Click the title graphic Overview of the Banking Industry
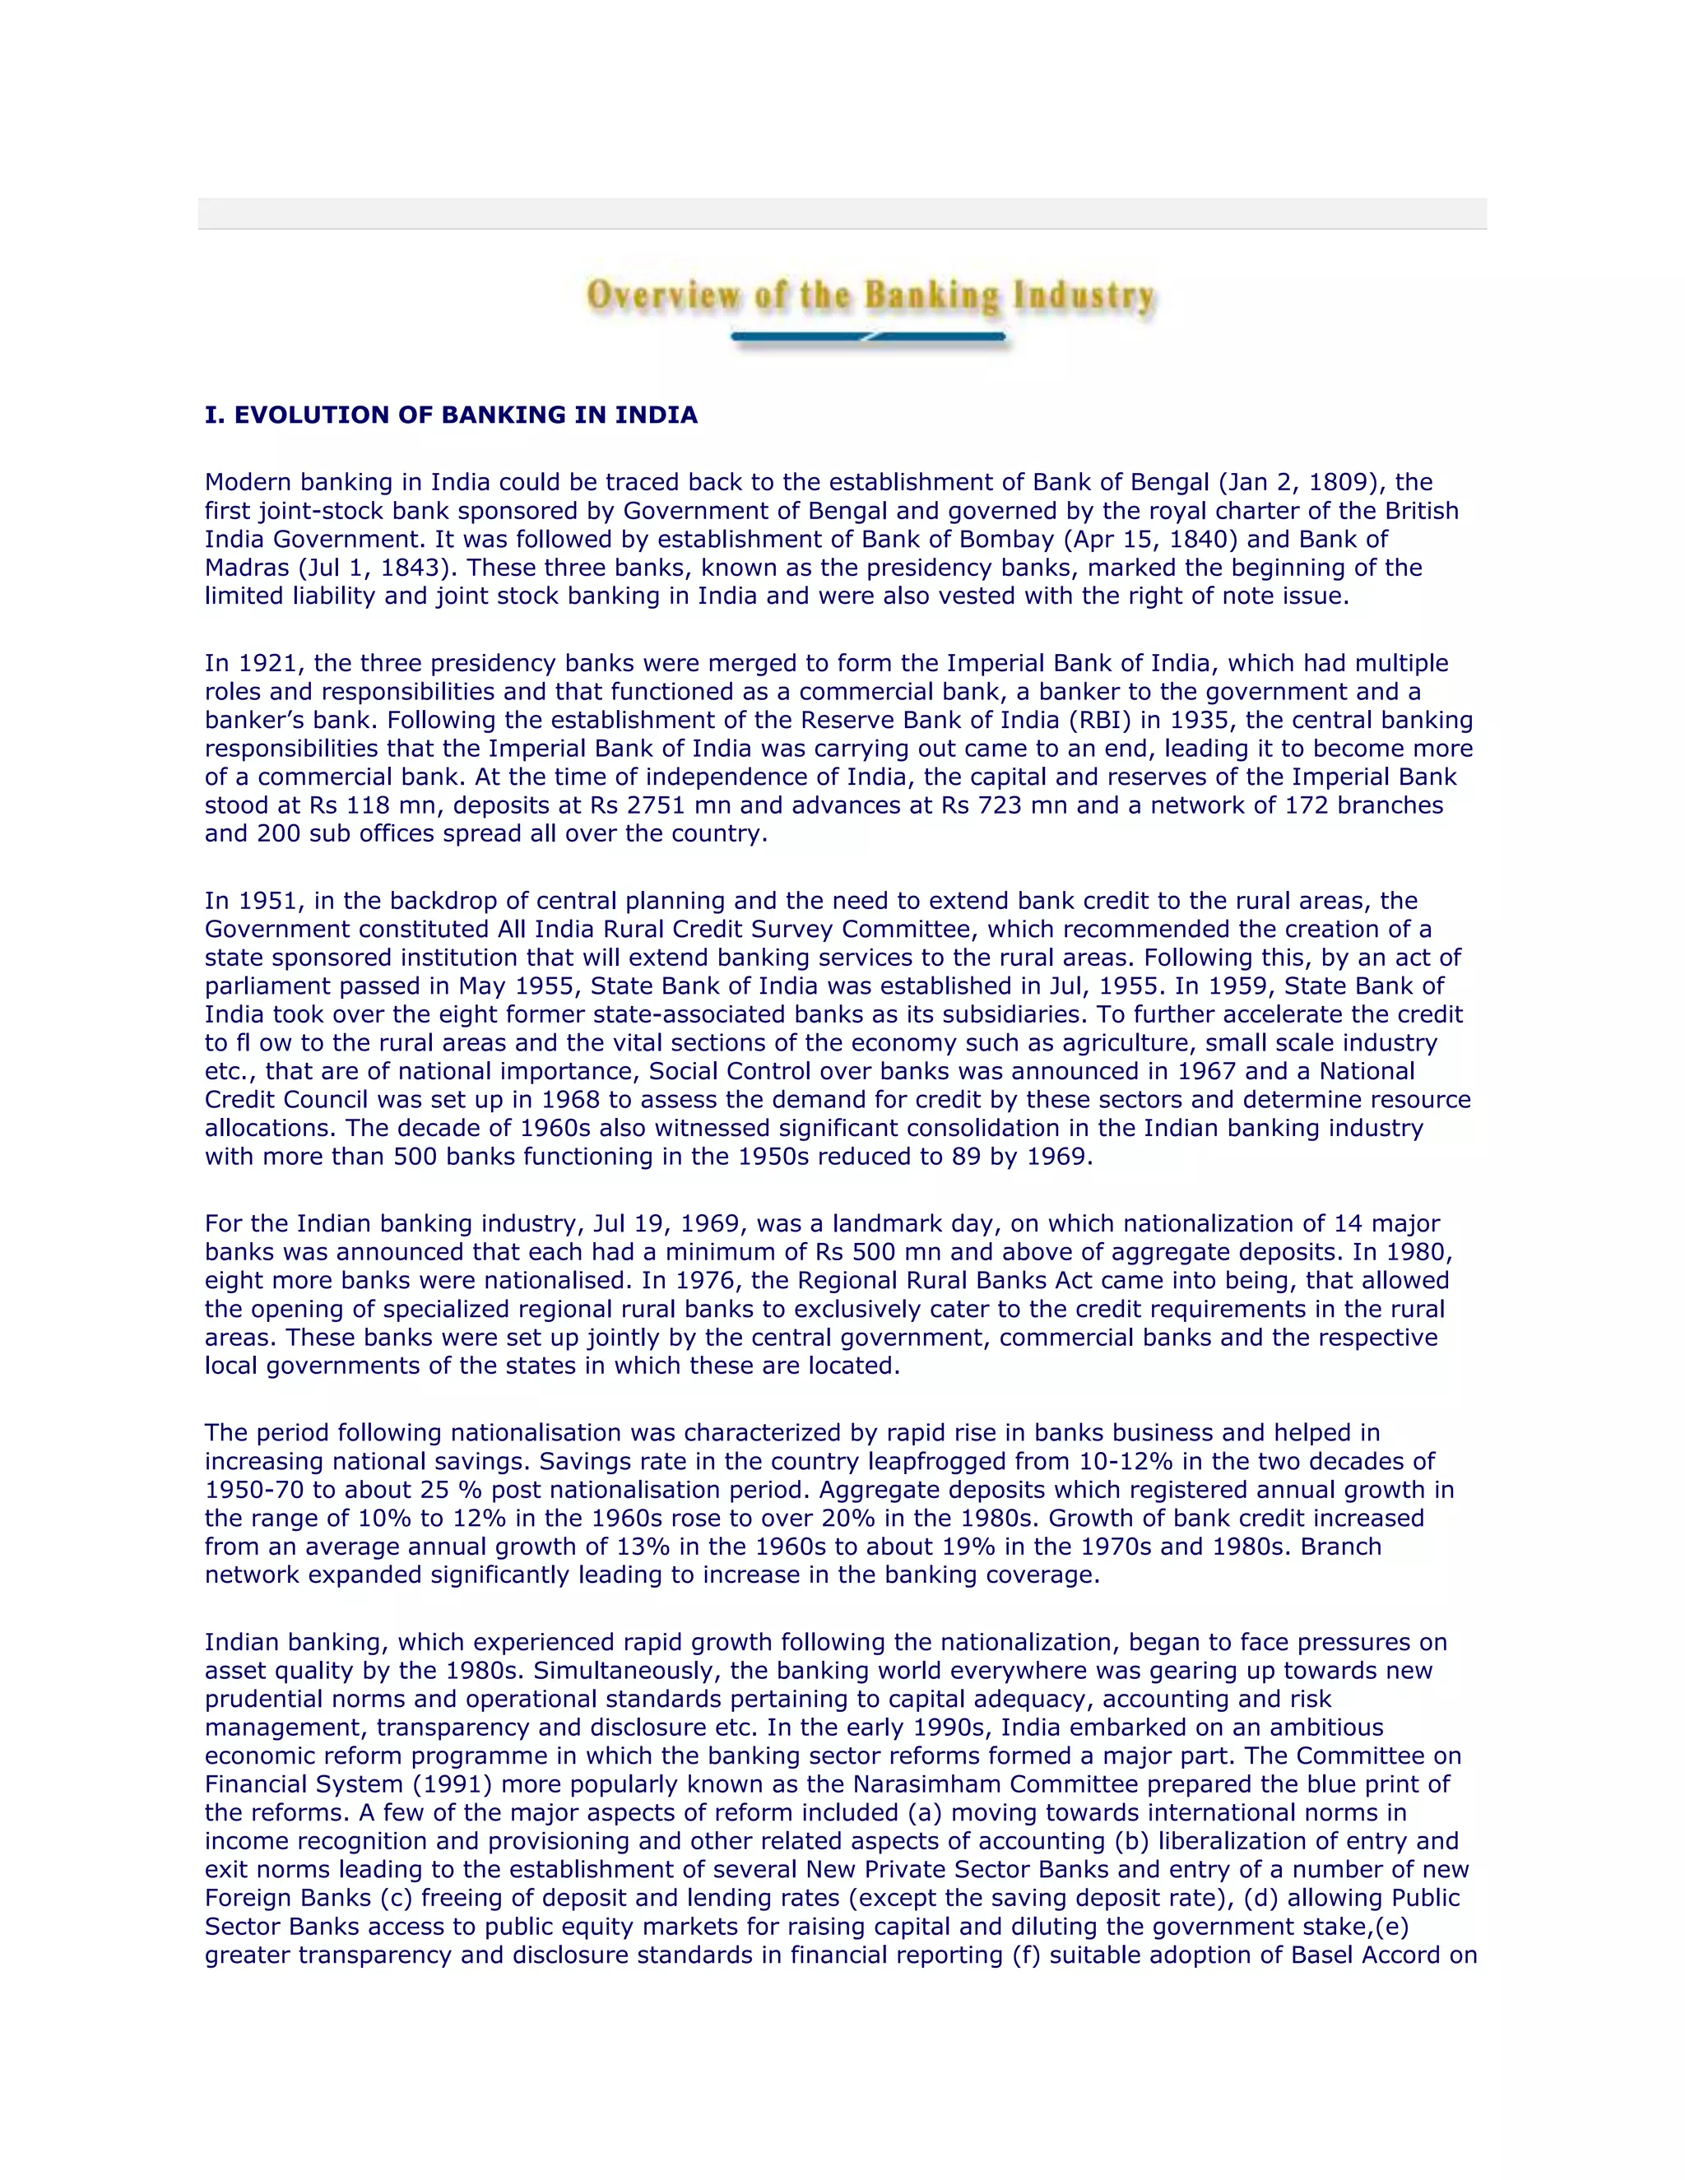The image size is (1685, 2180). click(870, 296)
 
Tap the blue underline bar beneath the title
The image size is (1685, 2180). click(869, 338)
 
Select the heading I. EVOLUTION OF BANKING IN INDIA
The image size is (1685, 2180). click(451, 415)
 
